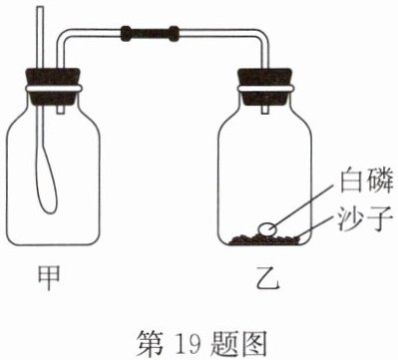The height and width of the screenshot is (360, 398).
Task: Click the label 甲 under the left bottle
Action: pos(49,278)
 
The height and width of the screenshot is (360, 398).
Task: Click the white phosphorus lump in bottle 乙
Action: pos(267,229)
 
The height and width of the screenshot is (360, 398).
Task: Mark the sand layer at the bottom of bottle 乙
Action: pos(264,239)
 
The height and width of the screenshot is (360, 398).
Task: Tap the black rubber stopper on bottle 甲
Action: pos(53,86)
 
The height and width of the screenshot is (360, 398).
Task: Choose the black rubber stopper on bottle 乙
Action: pos(265,86)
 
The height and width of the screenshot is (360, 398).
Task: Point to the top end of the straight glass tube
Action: pos(41,8)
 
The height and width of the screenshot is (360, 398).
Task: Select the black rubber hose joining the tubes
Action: pos(150,34)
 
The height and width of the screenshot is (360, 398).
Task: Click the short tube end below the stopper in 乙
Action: pos(264,109)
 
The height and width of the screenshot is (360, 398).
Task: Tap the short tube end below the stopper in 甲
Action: pos(61,109)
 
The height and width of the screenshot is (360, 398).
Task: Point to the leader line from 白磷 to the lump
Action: pos(301,206)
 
